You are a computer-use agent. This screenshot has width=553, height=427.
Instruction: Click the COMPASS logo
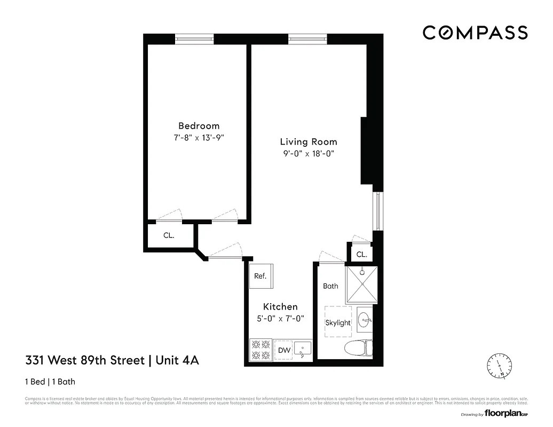pyautogui.click(x=475, y=33)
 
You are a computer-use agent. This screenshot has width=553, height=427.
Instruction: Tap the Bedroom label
pyautogui.click(x=199, y=126)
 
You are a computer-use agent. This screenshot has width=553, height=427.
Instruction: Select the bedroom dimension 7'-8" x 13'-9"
pyautogui.click(x=199, y=138)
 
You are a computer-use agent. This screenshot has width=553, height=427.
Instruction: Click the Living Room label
pyautogui.click(x=309, y=142)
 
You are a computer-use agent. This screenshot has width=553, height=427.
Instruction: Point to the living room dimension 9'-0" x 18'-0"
pyautogui.click(x=309, y=154)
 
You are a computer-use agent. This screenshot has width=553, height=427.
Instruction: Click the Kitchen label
pyautogui.click(x=280, y=307)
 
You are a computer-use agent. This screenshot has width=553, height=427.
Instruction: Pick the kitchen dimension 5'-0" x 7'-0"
pyautogui.click(x=280, y=319)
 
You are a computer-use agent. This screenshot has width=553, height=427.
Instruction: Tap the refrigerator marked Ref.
pyautogui.click(x=260, y=276)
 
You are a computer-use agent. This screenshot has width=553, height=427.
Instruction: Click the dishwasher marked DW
pyautogui.click(x=285, y=351)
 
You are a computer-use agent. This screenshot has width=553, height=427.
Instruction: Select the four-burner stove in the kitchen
pyautogui.click(x=260, y=350)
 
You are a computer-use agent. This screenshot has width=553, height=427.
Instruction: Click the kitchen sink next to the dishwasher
pyautogui.click(x=303, y=351)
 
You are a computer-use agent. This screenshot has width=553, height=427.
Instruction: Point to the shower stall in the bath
pyautogui.click(x=361, y=284)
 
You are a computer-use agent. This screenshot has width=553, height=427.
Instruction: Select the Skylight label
pyautogui.click(x=338, y=322)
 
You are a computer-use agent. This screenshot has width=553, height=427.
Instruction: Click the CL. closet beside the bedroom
pyautogui.click(x=169, y=235)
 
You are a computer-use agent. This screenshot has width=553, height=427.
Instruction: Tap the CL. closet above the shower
pyautogui.click(x=361, y=254)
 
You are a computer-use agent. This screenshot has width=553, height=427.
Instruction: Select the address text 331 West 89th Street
pyautogui.click(x=85, y=360)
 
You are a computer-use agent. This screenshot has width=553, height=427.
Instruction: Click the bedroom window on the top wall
pyautogui.click(x=195, y=38)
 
